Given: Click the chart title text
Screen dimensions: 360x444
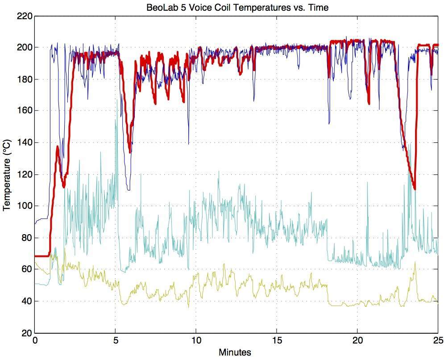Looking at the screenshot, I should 237,8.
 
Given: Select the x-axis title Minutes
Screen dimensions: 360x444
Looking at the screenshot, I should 235,352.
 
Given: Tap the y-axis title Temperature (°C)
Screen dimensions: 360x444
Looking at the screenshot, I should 7,174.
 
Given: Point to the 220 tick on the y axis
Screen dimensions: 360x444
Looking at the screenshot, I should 25,17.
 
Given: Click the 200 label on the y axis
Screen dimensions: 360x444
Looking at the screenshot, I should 25,48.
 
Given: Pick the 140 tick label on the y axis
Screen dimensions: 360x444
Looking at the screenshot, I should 25,143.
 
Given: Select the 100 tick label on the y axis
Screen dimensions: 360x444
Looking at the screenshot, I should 25,206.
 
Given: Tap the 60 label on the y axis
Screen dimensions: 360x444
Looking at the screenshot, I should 27,269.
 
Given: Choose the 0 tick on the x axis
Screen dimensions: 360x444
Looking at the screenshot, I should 35,340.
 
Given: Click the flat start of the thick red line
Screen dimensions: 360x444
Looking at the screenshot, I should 41,256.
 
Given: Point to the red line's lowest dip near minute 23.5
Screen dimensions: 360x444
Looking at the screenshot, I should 415,189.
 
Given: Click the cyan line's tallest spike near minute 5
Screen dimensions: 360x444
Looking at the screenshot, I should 117,100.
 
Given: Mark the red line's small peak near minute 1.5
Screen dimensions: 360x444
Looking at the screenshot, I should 58,147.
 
